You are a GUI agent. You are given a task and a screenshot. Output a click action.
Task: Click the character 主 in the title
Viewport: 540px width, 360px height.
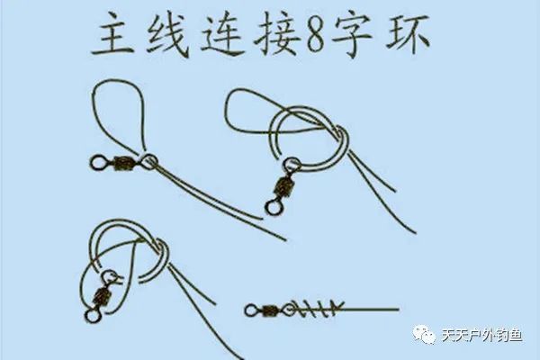[x=116, y=38]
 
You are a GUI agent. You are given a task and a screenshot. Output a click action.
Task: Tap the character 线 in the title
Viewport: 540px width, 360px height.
[x=167, y=38]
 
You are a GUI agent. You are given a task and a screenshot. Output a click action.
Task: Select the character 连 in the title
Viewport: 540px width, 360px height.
[x=220, y=38]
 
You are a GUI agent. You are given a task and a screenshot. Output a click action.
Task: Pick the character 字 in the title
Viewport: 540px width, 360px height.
[x=357, y=38]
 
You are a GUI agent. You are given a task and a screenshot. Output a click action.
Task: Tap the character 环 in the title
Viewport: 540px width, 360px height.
[x=410, y=38]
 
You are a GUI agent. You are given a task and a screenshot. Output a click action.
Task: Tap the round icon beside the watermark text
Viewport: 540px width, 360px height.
[x=424, y=336]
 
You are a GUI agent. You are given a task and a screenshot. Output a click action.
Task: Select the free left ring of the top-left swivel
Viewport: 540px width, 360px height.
[x=99, y=163]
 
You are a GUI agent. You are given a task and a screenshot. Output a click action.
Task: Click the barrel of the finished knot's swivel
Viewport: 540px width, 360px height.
[x=270, y=311]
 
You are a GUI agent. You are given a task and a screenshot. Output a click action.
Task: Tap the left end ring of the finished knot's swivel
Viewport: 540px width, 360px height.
[x=251, y=311]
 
